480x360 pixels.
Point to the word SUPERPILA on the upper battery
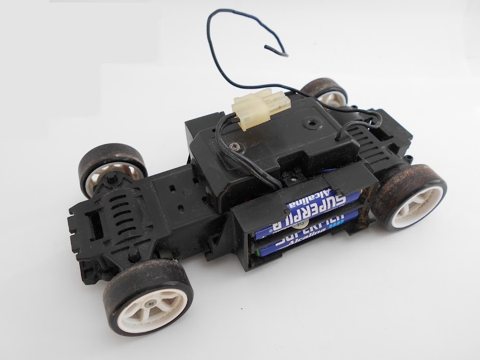[317, 202]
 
